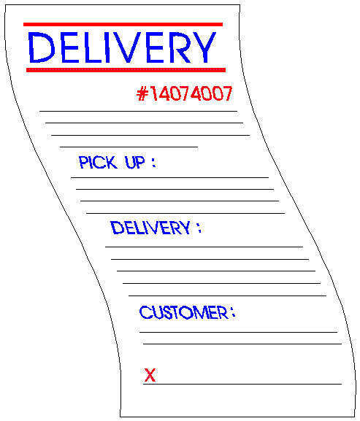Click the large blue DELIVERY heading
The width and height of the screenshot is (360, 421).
[x=122, y=47]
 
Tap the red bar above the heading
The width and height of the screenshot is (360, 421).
[x=123, y=24]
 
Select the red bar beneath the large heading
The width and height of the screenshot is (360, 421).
[x=126, y=70]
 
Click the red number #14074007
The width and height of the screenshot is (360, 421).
[x=184, y=93]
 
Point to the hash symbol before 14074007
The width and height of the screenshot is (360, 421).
[x=142, y=93]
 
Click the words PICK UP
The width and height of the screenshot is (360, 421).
[x=112, y=162]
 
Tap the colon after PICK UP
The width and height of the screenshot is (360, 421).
[x=153, y=163]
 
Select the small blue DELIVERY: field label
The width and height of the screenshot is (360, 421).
[x=156, y=228]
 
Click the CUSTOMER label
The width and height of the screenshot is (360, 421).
[x=184, y=312]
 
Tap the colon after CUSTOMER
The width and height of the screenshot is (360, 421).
[x=233, y=312]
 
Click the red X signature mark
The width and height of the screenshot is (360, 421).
[x=150, y=375]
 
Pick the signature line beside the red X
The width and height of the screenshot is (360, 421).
[x=242, y=384]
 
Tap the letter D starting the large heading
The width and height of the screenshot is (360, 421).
[x=41, y=47]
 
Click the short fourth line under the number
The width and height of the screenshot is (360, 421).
[x=129, y=147]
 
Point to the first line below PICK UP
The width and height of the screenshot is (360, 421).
[x=169, y=177]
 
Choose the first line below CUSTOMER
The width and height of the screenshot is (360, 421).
[x=238, y=332]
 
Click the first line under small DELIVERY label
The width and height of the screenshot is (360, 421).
[x=204, y=247]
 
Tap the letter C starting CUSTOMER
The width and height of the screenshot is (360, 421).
[x=146, y=312]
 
